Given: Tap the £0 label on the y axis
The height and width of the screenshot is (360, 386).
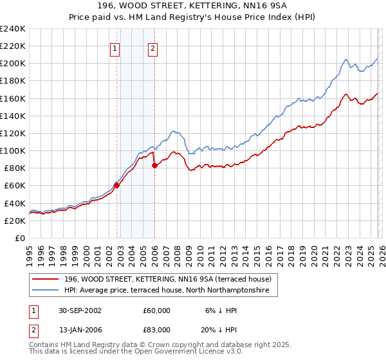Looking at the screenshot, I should pos(19,238).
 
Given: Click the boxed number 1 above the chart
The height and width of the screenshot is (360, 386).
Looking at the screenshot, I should pos(115,48).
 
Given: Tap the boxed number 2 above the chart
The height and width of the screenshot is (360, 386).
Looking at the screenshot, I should pos(153,48).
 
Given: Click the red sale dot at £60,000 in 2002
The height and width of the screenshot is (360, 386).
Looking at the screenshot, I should pos(117,185).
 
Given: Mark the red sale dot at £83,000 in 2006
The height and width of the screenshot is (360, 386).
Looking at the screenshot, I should pos(154,165).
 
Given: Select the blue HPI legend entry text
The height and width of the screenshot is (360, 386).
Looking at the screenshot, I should pos(170,291).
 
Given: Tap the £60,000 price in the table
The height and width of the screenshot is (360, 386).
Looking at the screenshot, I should pos(157,310).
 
